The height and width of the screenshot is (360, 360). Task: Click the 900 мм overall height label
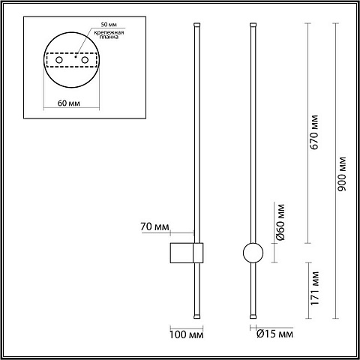342,174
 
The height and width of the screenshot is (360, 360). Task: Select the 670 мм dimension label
314,132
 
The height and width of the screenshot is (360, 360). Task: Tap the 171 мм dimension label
315,288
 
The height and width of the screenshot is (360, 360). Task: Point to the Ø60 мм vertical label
280,222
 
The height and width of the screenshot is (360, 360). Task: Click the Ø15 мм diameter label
274,334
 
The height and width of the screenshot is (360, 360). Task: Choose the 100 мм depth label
187,334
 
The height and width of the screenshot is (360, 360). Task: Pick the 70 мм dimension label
154,226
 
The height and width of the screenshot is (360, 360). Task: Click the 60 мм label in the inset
69,103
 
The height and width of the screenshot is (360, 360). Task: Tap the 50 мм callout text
109,25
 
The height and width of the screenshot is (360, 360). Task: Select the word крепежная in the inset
109,32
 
